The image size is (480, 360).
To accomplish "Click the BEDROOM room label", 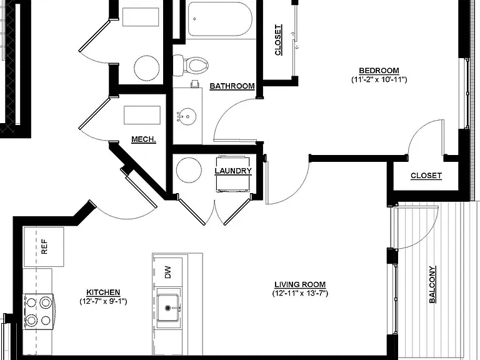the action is (379, 71).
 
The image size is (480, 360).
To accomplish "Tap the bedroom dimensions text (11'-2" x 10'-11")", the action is (379, 80).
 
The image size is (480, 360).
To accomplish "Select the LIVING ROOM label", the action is (300, 285).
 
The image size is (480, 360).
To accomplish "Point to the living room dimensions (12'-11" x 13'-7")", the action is (300, 294).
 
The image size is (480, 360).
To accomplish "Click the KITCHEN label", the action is (103, 292).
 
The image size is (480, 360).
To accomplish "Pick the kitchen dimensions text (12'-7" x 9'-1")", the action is (103, 301).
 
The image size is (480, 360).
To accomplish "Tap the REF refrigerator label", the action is (44, 247).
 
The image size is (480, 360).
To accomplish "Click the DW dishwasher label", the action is (167, 272).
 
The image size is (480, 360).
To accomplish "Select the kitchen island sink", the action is (167, 308).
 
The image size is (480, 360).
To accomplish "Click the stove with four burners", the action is (39, 312).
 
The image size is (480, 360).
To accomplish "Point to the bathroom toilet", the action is (191, 65).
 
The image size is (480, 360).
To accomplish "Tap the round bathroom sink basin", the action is (186, 117).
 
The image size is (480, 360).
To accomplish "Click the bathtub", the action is (220, 19).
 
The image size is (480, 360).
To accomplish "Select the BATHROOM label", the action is (232, 86).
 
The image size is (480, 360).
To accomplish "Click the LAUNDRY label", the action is (233, 171).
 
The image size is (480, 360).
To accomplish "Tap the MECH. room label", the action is (144, 139).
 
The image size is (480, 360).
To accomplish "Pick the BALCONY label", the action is (432, 284).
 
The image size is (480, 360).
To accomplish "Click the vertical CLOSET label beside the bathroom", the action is (278, 40).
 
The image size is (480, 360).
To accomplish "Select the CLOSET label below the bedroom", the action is (426, 176).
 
